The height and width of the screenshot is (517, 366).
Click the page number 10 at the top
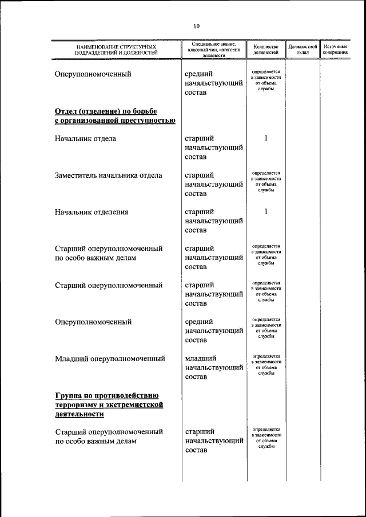pyautogui.click(x=196, y=26)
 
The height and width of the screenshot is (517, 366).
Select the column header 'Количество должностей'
pyautogui.click(x=266, y=49)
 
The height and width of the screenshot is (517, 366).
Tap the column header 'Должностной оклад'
pyautogui.click(x=303, y=49)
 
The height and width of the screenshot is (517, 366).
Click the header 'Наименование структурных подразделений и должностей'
pyautogui.click(x=116, y=49)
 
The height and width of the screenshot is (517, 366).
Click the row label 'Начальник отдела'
pyautogui.click(x=85, y=139)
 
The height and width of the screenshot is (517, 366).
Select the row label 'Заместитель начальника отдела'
pyautogui.click(x=108, y=175)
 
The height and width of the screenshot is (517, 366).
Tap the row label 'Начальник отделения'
pyautogui.click(x=91, y=212)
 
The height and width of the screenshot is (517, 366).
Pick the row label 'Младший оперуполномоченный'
pyautogui.click(x=110, y=359)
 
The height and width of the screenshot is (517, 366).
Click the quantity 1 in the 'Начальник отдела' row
pyautogui.click(x=266, y=138)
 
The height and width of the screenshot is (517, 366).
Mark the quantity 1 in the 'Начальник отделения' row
pyautogui.click(x=266, y=211)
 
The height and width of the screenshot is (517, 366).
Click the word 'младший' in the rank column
pyautogui.click(x=200, y=359)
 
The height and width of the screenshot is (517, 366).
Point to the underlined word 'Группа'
pyautogui.click(x=71, y=395)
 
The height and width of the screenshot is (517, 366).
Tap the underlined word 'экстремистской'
pyautogui.click(x=132, y=404)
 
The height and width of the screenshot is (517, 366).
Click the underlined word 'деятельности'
pyautogui.click(x=80, y=414)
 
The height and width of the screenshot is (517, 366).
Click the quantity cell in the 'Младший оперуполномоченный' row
pyautogui.click(x=266, y=364)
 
